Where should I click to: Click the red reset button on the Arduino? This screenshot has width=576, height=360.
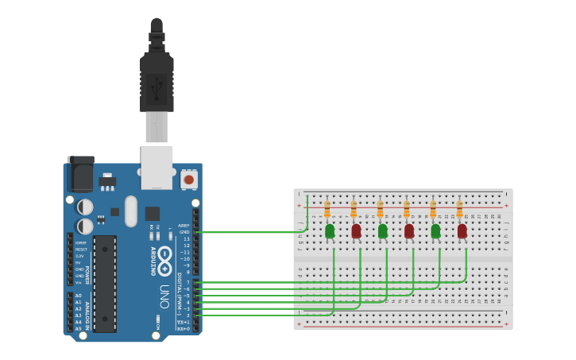click(189, 180)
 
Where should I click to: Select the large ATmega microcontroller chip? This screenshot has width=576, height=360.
click(105, 284)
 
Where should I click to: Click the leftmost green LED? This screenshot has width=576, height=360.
click(330, 230)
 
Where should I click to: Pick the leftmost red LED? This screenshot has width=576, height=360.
click(356, 230)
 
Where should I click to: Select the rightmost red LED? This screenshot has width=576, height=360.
click(462, 230)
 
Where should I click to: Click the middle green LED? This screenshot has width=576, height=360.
click(382, 230)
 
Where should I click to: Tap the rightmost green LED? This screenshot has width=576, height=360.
click(435, 230)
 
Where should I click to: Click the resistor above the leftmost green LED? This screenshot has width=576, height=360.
click(327, 209)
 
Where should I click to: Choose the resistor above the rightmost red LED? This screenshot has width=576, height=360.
click(459, 209)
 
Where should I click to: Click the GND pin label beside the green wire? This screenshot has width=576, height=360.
click(185, 232)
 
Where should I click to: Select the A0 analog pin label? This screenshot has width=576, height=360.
click(78, 296)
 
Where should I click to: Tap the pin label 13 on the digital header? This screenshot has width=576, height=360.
click(187, 238)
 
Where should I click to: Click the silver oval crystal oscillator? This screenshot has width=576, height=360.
click(131, 211)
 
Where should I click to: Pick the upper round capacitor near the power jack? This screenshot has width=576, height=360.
click(85, 207)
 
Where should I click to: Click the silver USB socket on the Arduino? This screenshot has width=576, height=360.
click(157, 167)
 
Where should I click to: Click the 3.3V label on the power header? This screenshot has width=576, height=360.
click(79, 257)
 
